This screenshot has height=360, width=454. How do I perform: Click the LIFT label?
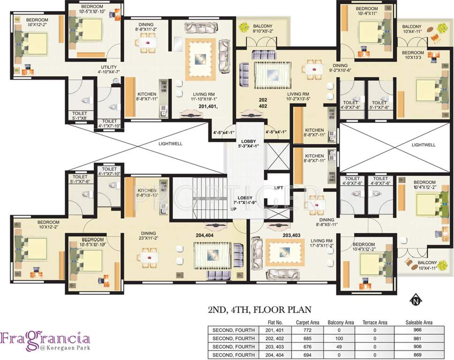pos(278,187)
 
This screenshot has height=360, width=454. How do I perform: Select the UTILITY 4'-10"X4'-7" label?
pos(109,69)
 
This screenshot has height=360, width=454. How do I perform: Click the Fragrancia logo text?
pos(45,338)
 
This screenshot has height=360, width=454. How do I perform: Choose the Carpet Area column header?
pos(308,322)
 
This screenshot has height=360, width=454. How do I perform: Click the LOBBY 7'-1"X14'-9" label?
pos(246,200)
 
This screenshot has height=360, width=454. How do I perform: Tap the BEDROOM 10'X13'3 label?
pos(413,55)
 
